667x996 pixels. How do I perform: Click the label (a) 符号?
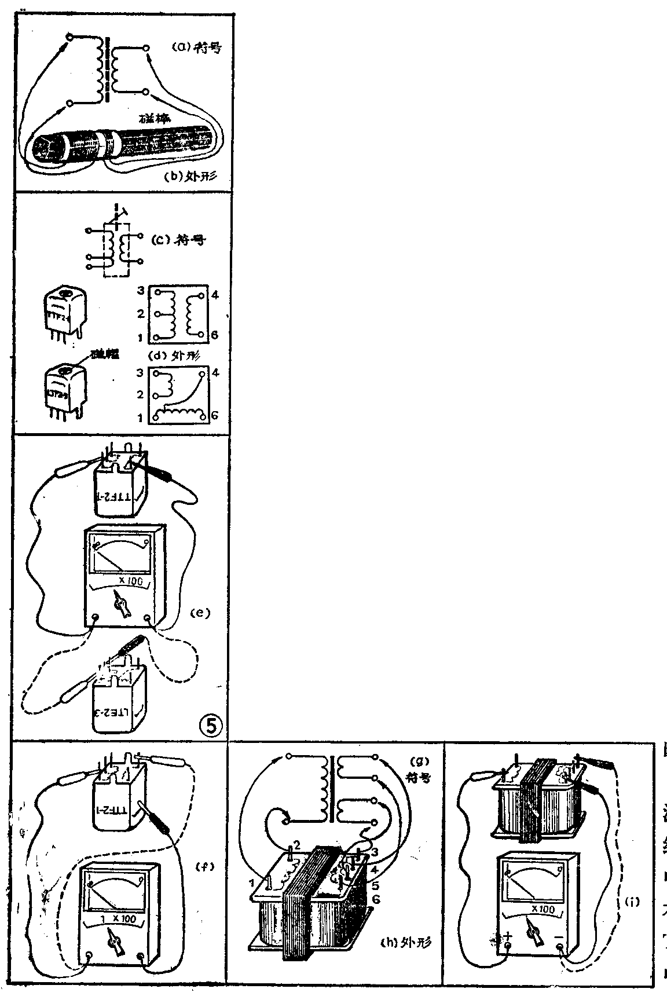pos(197,48)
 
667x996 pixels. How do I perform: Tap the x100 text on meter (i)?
pos(542,910)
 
